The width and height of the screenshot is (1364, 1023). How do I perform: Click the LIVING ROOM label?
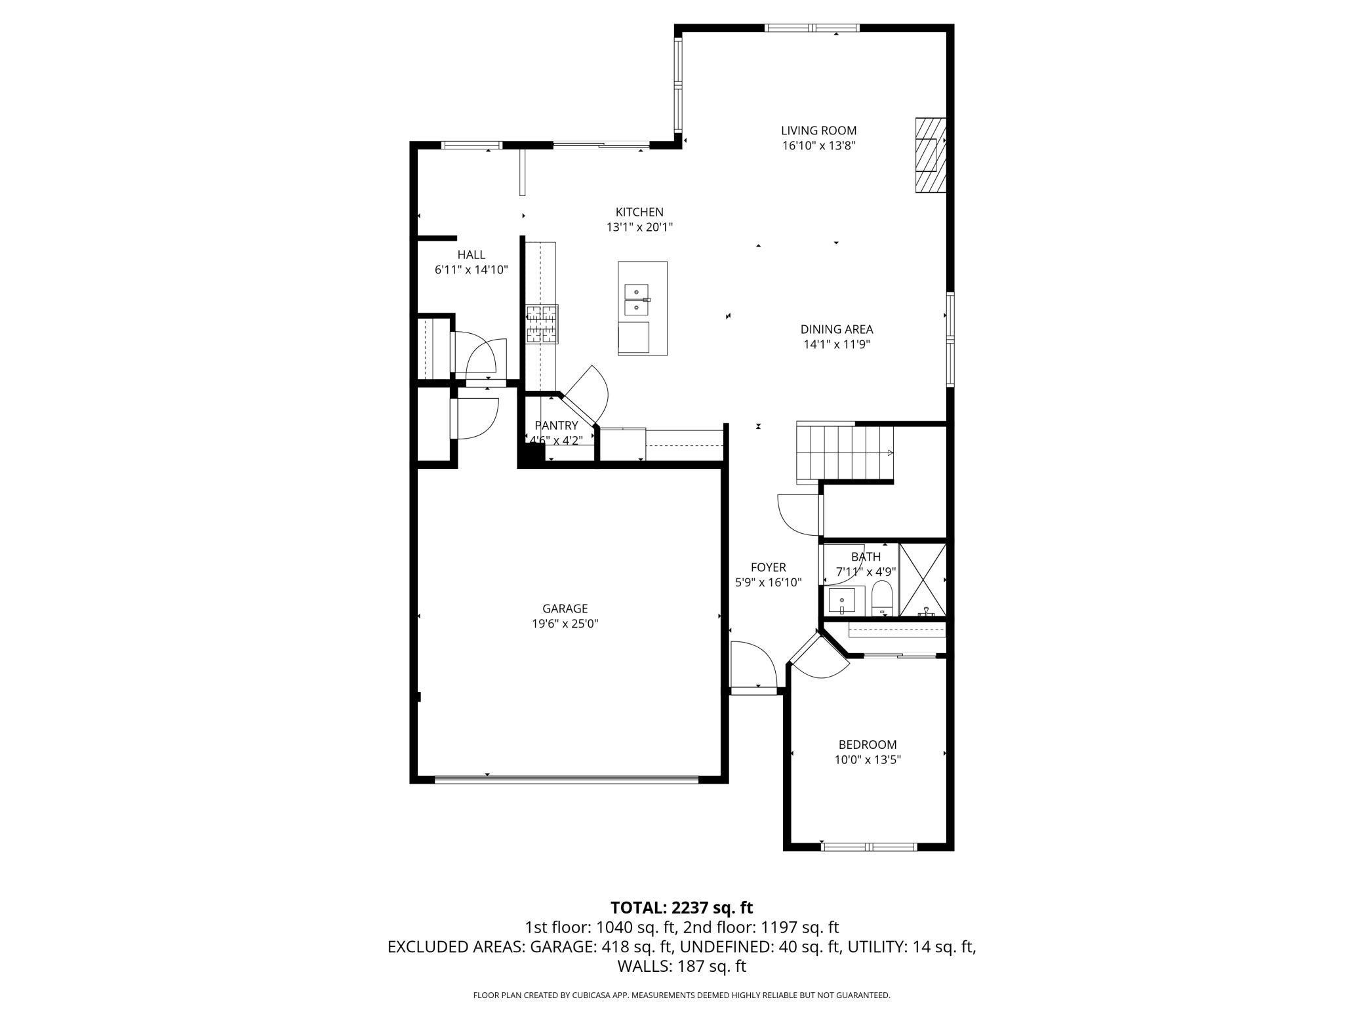click(818, 130)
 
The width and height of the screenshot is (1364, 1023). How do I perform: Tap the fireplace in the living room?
click(930, 155)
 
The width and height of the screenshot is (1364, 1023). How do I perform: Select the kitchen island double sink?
click(636, 299)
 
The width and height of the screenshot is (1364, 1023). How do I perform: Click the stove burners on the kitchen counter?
click(542, 325)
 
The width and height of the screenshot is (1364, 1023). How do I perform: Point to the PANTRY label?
click(556, 426)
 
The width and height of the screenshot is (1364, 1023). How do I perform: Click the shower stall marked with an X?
click(922, 580)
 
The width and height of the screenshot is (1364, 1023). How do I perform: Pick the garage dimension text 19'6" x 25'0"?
click(565, 624)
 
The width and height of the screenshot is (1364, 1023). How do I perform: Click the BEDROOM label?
click(867, 744)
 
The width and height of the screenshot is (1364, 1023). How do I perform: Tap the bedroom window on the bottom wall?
click(868, 847)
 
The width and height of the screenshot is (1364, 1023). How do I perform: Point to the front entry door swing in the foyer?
click(754, 666)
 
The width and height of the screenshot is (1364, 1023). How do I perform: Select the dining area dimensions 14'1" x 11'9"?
click(836, 344)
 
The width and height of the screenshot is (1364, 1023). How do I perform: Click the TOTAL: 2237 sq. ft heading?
click(681, 908)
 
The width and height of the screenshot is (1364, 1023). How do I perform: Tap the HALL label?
click(471, 254)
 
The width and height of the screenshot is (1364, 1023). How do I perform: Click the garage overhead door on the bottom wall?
click(567, 780)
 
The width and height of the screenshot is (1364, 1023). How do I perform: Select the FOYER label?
click(768, 567)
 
